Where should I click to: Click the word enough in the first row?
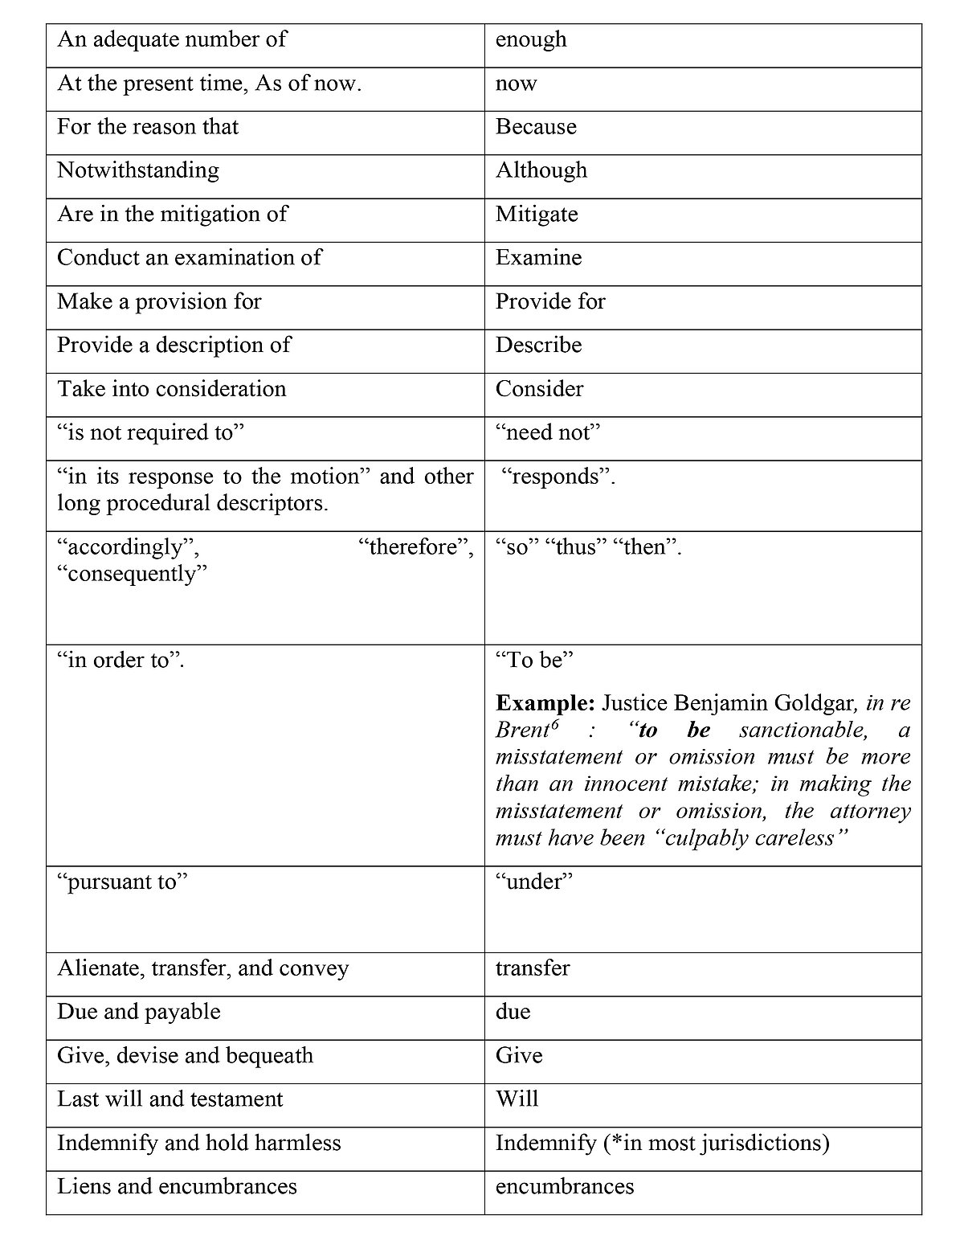click(531, 40)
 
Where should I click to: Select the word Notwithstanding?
click(138, 170)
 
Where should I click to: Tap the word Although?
click(541, 170)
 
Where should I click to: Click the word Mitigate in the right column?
click(537, 215)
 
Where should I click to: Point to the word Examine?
click(538, 258)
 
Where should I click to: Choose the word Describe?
click(538, 345)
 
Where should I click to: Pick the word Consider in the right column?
click(539, 389)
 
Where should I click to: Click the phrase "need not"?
click(549, 432)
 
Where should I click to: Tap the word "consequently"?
click(133, 574)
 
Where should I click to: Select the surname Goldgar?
click(815, 704)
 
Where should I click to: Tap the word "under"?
click(534, 882)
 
